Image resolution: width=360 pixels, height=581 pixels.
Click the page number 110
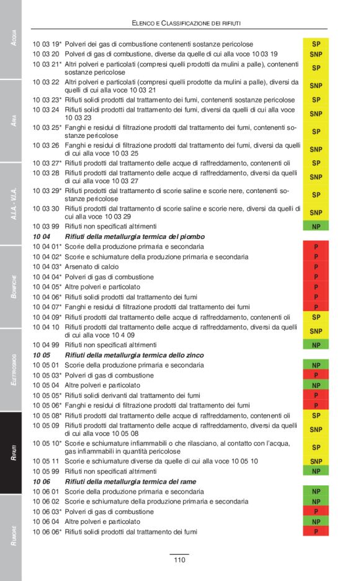pyautogui.click(x=179, y=560)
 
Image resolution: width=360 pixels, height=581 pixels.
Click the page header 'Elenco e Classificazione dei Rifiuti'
pyautogui.click(x=186, y=23)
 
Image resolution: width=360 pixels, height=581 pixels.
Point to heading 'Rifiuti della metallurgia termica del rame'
pyautogui.click(x=130, y=481)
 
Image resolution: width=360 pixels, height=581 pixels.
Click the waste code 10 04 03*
pyautogui.click(x=47, y=267)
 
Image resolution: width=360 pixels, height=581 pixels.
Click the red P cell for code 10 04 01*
pyautogui.click(x=316, y=247)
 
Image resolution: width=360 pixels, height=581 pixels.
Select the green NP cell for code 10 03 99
pyautogui.click(x=316, y=227)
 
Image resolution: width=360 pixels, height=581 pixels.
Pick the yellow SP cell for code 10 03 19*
pyautogui.click(x=316, y=45)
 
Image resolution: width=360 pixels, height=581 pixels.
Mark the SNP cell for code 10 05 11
pyautogui.click(x=316, y=461)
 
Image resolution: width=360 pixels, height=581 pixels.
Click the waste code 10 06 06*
pyautogui.click(x=47, y=532)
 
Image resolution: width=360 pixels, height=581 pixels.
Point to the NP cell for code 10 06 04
pyautogui.click(x=316, y=522)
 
